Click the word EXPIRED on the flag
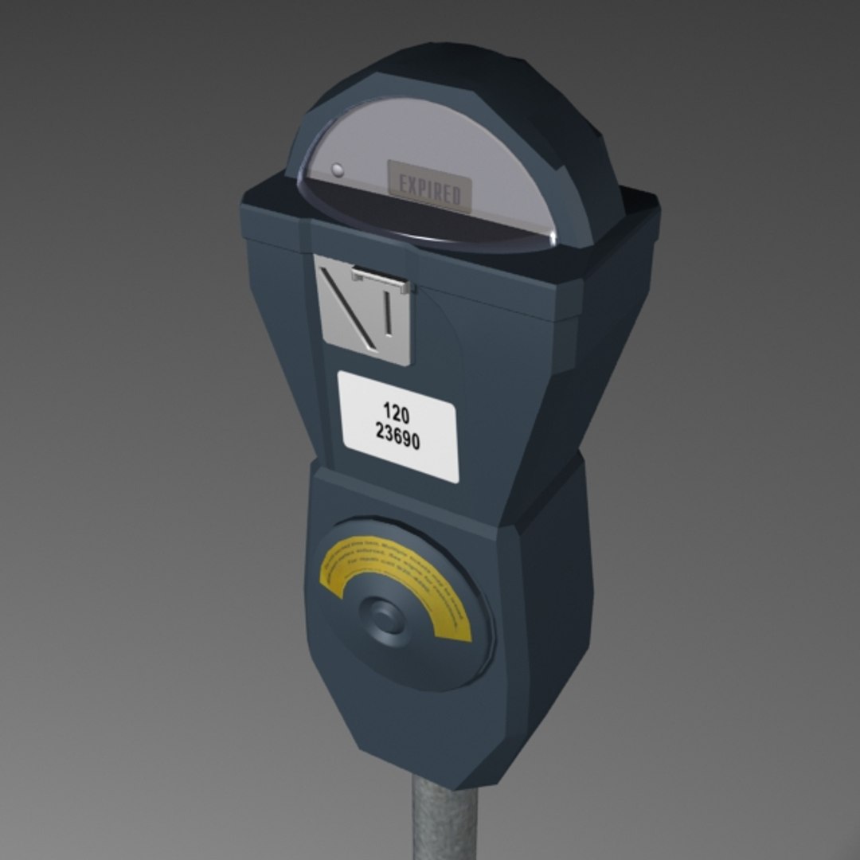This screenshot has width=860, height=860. coord(430,190)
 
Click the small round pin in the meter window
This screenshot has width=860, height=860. coord(337,170)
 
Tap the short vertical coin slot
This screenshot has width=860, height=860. coord(388,313)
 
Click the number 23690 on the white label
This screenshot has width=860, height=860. coord(397,436)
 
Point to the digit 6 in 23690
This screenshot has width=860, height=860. coord(397,436)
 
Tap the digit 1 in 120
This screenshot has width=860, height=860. coord(387,411)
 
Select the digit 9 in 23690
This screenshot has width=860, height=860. coord(407,439)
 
